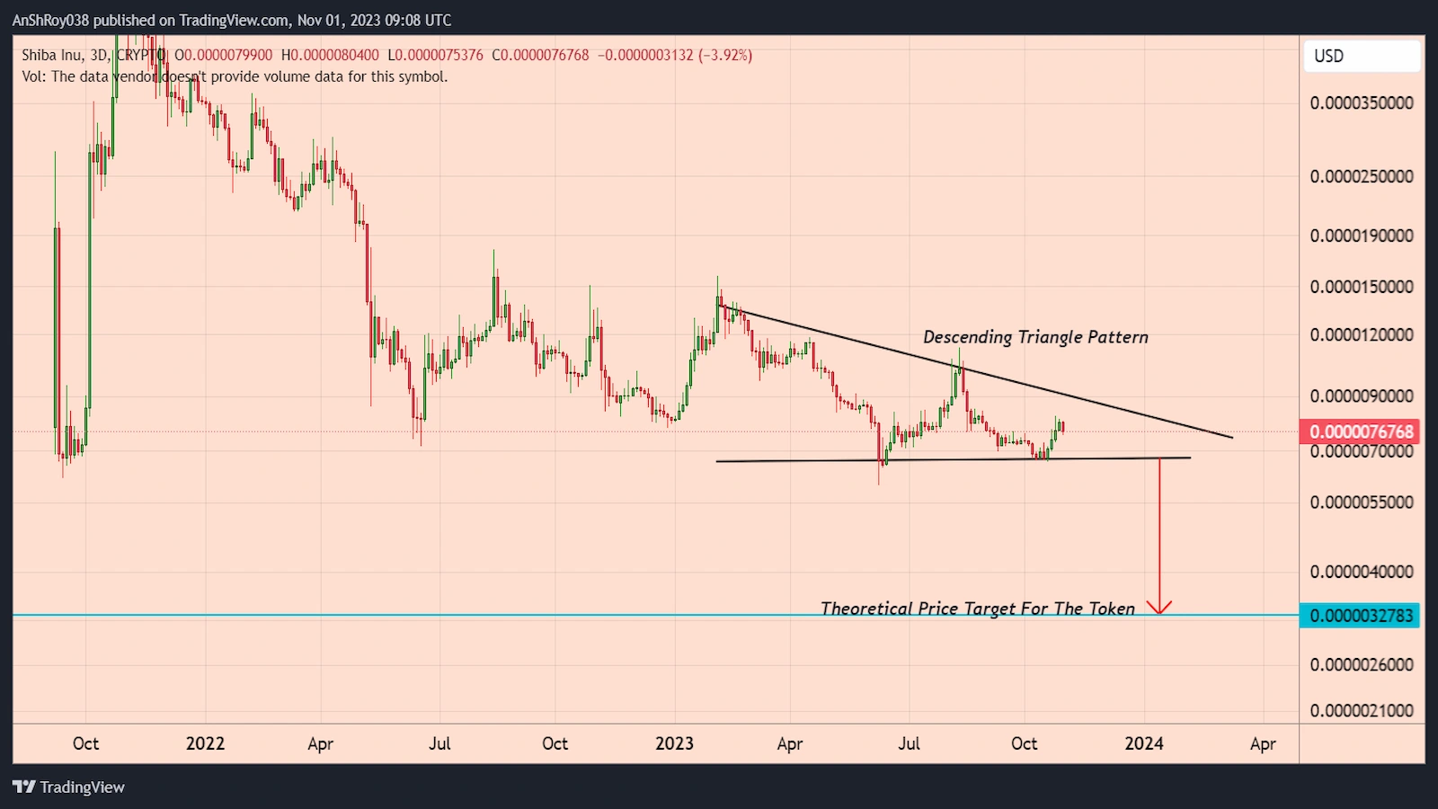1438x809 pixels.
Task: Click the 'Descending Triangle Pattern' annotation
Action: pyautogui.click(x=1035, y=337)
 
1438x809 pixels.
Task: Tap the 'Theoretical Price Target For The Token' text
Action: pyautogui.click(x=977, y=609)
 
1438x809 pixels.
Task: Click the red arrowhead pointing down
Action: pyautogui.click(x=1159, y=608)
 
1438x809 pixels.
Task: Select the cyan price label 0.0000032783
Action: pyautogui.click(x=1361, y=616)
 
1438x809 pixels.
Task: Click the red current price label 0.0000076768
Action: pyautogui.click(x=1361, y=431)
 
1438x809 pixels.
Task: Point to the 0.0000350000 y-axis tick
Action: pyautogui.click(x=1361, y=103)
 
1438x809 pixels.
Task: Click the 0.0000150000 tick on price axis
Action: pyautogui.click(x=1361, y=287)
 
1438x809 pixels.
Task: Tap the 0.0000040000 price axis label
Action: pyautogui.click(x=1361, y=572)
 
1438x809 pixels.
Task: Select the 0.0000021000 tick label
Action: pyautogui.click(x=1361, y=710)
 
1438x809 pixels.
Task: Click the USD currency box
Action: pyautogui.click(x=1361, y=56)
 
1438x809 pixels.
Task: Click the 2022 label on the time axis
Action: pyautogui.click(x=205, y=743)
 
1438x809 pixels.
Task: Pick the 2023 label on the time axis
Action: pyautogui.click(x=674, y=743)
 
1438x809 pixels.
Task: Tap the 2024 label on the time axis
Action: pyautogui.click(x=1144, y=743)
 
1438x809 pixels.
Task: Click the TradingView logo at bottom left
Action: pyautogui.click(x=69, y=787)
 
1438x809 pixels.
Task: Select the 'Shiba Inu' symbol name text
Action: pyautogui.click(x=52, y=55)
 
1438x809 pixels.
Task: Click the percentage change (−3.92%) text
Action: pyautogui.click(x=725, y=55)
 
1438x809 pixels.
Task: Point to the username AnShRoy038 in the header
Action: pyautogui.click(x=50, y=20)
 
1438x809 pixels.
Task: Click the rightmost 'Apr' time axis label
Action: pyautogui.click(x=1263, y=743)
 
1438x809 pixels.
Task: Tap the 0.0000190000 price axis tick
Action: pyautogui.click(x=1361, y=236)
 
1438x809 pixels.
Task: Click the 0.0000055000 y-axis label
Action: pyautogui.click(x=1361, y=502)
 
